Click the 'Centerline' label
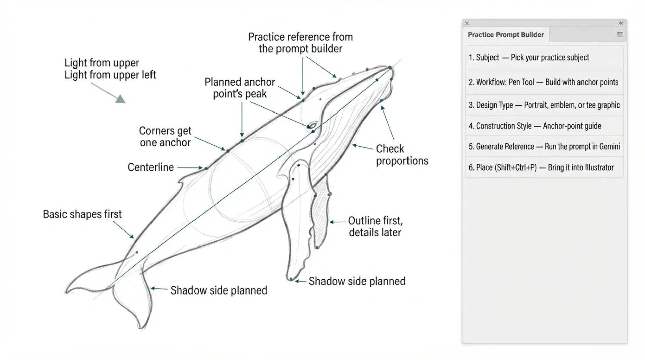150,167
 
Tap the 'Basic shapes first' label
82,214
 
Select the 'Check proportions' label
402,154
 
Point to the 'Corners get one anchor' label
165,136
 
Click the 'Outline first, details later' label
375,226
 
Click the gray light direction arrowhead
120,99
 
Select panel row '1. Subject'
544,58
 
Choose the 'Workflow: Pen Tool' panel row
544,82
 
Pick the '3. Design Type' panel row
544,105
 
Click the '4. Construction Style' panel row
544,126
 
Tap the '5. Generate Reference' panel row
544,146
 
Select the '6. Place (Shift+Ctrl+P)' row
544,167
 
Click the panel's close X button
467,23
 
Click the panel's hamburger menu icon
620,34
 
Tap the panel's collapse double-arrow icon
621,23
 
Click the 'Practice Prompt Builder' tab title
506,35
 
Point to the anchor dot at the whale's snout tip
390,68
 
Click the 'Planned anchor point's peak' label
240,88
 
